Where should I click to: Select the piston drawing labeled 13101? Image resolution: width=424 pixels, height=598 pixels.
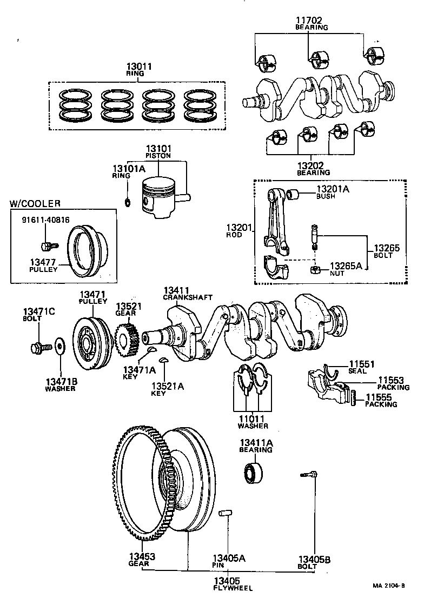click(158, 197)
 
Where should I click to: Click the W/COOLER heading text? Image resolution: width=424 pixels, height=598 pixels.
click(35, 204)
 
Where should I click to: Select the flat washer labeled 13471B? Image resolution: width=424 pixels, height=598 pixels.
click(59, 345)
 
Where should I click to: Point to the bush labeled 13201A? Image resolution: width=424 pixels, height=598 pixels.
click(294, 193)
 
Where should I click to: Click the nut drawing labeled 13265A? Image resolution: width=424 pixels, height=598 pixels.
click(314, 269)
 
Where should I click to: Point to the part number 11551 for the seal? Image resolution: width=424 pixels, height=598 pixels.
click(362, 364)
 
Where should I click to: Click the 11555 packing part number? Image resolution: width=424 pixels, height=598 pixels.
click(381, 396)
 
